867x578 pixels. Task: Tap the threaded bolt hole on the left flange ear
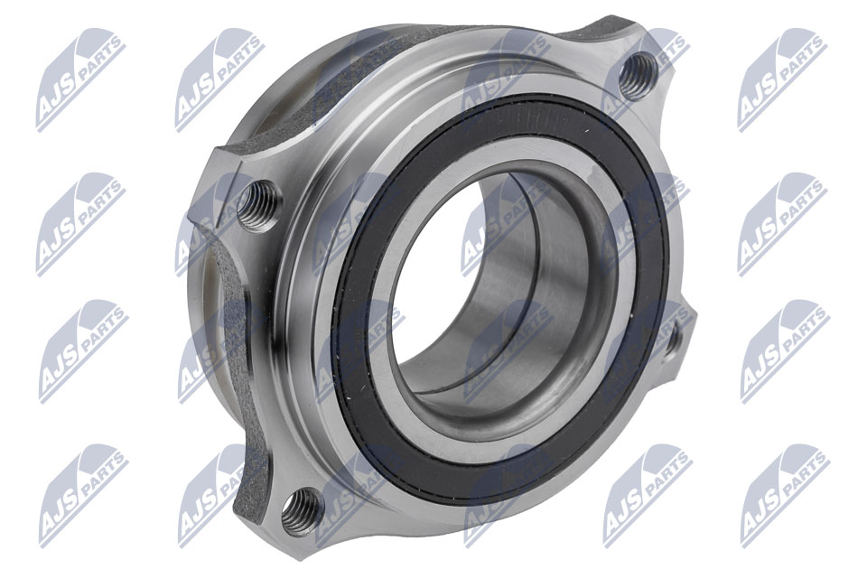point(259,205)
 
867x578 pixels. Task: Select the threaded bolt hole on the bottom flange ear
point(303,513)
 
